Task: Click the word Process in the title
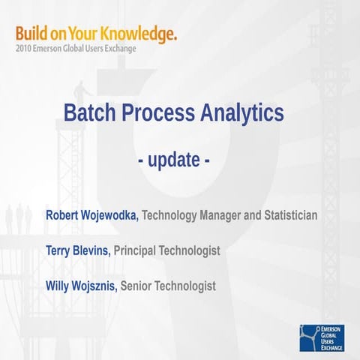157,113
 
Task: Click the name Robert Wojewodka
92,216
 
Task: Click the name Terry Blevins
79,250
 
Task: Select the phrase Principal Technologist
167,250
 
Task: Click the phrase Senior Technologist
168,286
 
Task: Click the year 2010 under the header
23,49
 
